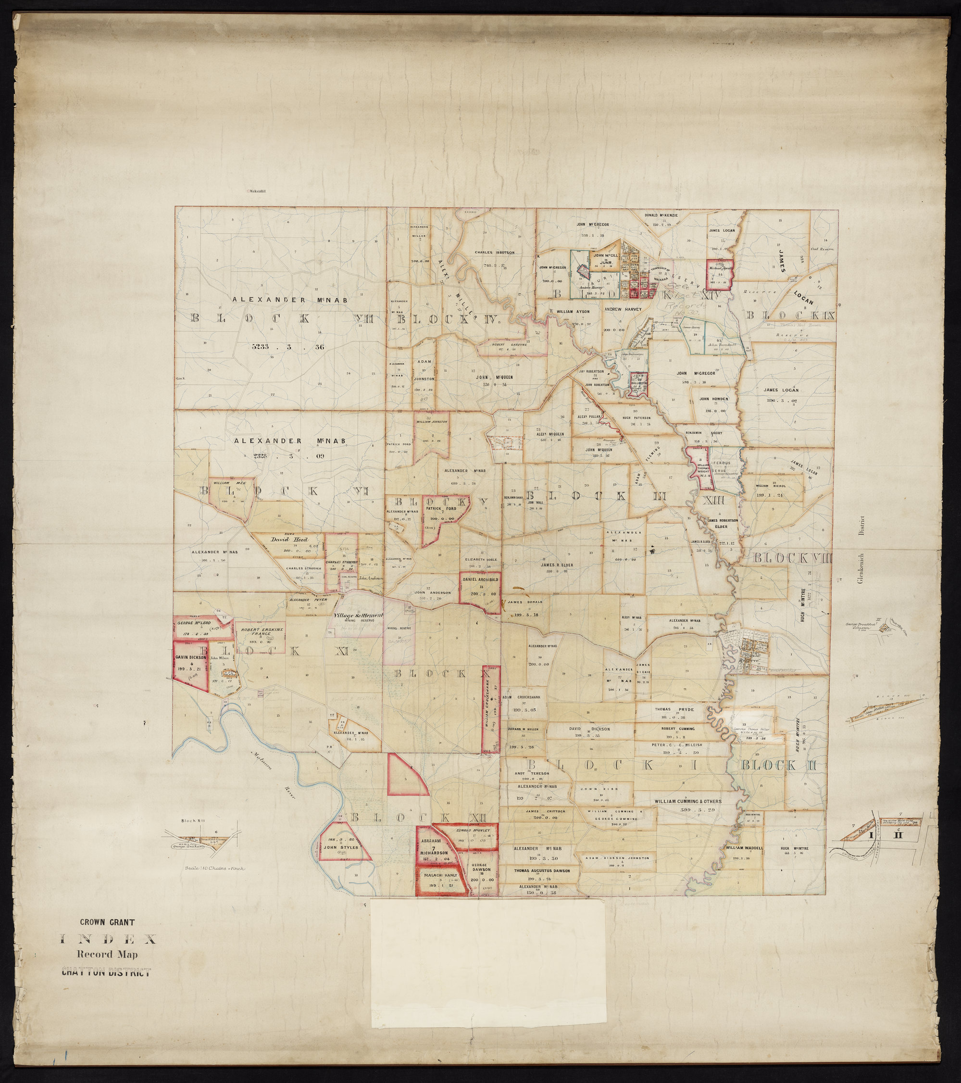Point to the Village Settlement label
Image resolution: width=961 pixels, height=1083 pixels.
pyautogui.click(x=358, y=616)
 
